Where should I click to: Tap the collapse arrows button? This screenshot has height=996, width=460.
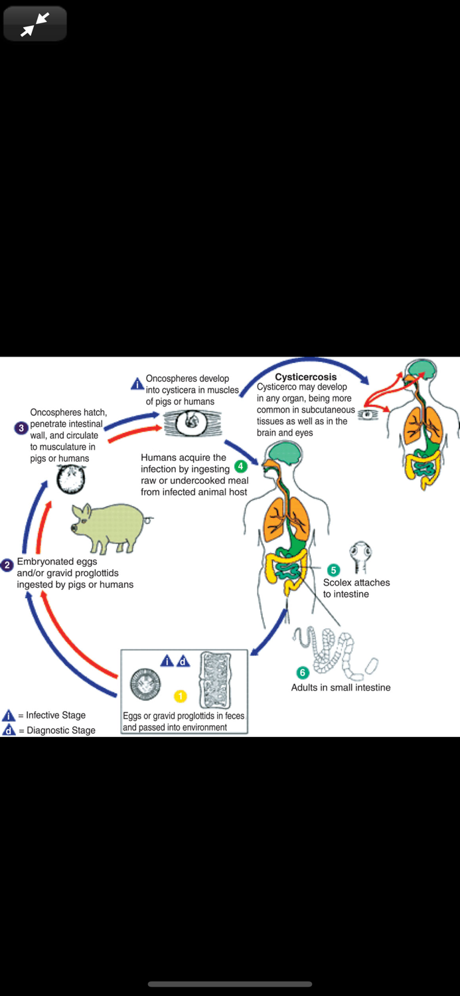pos(35,24)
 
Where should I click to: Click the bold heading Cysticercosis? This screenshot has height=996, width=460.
pos(306,377)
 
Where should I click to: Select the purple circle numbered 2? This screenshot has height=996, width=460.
pos(7,565)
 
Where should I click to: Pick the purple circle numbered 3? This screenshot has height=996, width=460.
pos(21,428)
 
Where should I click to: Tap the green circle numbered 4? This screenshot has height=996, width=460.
pos(241,466)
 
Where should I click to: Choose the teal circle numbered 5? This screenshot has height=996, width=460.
pos(334,570)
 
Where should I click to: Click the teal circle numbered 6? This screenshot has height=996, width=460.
pos(303,673)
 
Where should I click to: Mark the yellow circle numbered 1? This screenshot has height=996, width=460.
pos(180,696)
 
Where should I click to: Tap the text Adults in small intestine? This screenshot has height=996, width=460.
pos(341,687)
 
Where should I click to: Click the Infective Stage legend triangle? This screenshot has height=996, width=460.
pos(9,715)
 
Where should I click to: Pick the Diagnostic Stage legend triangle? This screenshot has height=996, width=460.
pos(9,730)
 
